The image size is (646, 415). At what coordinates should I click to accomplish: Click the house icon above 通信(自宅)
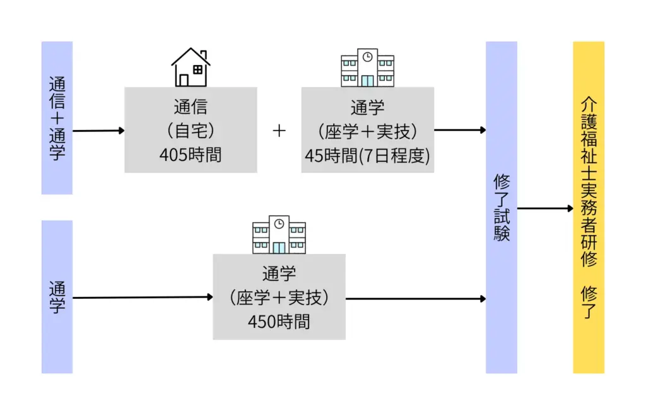[191, 67]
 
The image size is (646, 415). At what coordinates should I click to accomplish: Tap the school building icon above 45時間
[367, 67]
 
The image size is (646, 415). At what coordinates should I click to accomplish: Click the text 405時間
[191, 155]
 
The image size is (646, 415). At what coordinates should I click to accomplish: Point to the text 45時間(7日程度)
[367, 155]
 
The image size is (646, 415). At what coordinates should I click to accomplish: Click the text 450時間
[279, 322]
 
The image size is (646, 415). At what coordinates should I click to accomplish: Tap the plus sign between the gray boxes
[279, 131]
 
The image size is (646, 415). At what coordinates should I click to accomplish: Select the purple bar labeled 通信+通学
[57, 118]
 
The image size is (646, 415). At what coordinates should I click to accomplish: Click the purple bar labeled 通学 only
[57, 296]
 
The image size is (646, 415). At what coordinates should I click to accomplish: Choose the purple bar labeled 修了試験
[502, 208]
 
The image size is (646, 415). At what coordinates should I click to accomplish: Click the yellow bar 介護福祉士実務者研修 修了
[589, 208]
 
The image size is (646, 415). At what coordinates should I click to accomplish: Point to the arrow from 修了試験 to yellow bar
[545, 208]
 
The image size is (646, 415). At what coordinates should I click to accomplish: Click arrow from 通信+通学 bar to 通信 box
[98, 131]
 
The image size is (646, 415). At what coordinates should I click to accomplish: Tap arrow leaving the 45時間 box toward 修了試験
[460, 131]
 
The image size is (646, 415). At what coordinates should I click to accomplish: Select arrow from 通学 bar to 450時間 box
[143, 297]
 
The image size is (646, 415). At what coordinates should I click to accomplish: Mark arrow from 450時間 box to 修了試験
[415, 298]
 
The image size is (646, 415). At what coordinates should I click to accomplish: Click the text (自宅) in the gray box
[191, 131]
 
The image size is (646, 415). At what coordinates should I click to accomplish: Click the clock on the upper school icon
[367, 57]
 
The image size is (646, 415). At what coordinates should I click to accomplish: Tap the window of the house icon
[198, 70]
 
